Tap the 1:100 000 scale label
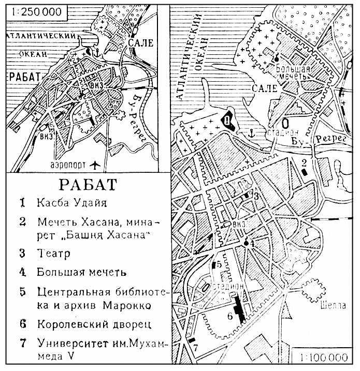(322, 358)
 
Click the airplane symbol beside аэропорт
(94, 165)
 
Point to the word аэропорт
(67, 166)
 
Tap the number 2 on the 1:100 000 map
(305, 164)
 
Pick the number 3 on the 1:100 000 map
(255, 196)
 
